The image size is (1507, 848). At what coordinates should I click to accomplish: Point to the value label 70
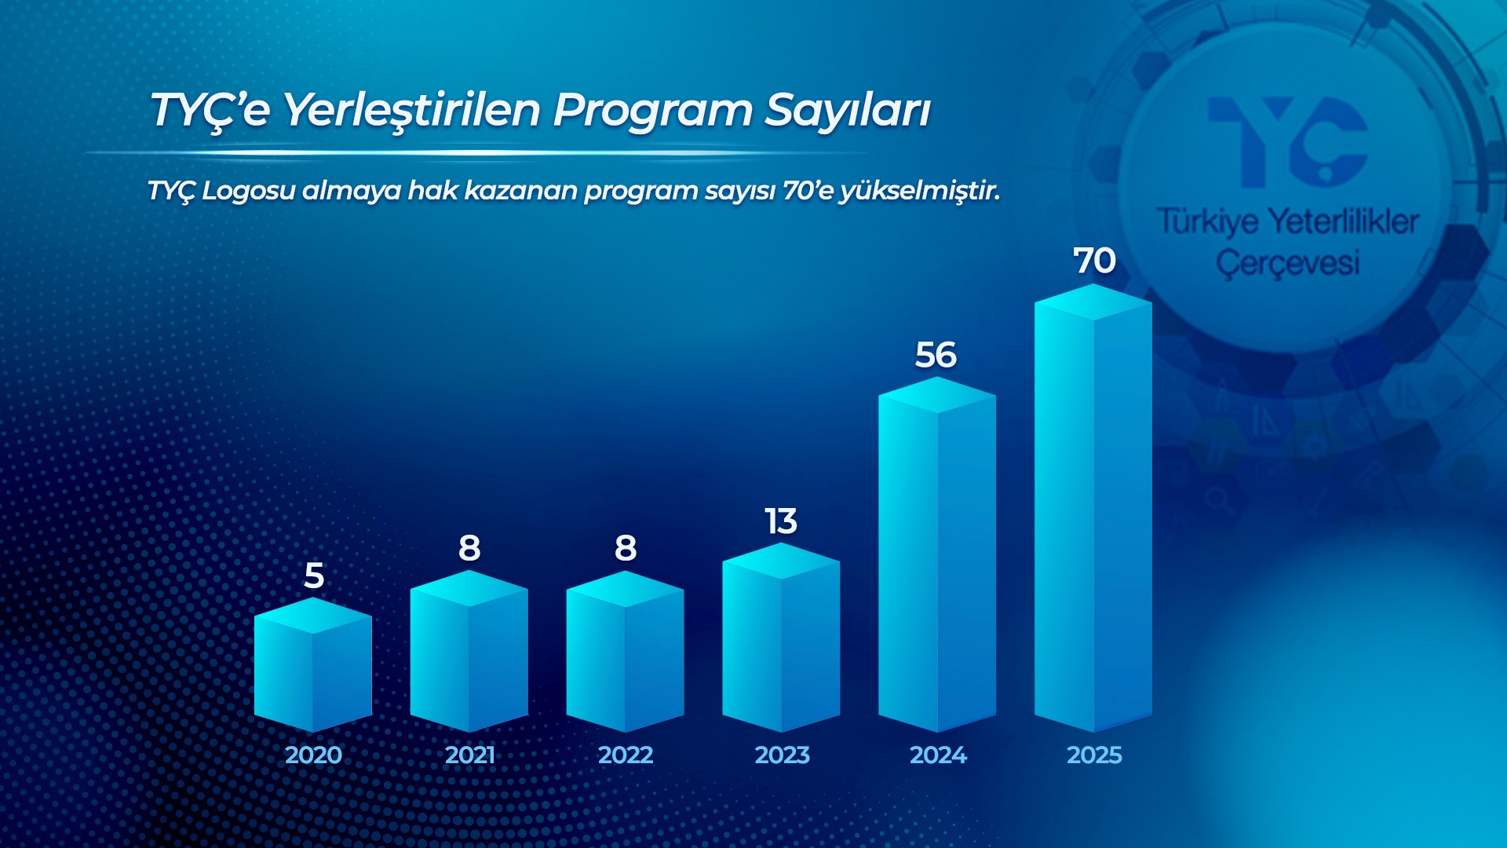tap(1094, 261)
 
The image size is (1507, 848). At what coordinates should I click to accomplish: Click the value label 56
tap(936, 355)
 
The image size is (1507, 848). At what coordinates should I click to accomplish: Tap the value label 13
tap(781, 521)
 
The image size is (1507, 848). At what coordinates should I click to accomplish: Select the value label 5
tap(314, 576)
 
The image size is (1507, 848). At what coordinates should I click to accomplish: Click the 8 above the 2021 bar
tap(469, 548)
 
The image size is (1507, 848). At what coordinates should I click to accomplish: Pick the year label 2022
tap(626, 755)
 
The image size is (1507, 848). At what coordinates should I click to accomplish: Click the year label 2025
tap(1094, 755)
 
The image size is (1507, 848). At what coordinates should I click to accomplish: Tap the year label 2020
tap(313, 755)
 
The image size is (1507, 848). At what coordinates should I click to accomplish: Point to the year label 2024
tap(938, 755)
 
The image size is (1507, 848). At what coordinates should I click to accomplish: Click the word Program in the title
tap(652, 111)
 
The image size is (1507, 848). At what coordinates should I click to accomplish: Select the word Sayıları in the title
tap(848, 111)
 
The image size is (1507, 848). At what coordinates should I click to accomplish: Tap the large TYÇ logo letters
tap(1288, 141)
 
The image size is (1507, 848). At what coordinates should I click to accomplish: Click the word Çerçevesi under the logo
tap(1287, 263)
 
